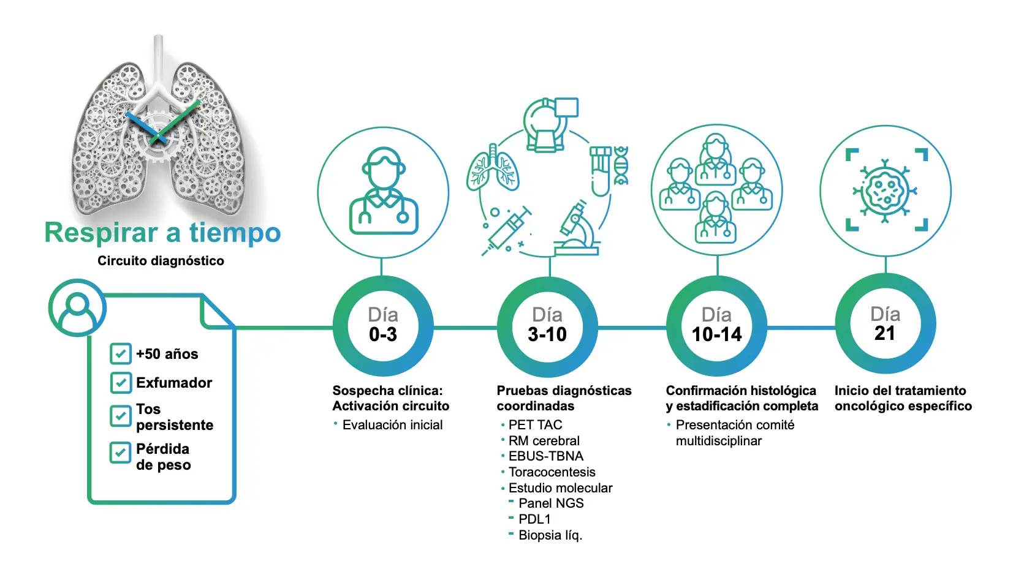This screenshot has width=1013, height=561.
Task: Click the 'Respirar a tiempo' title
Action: click(x=162, y=233)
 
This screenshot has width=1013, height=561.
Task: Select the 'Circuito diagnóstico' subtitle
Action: click(x=161, y=261)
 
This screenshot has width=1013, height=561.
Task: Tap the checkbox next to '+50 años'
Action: click(x=120, y=353)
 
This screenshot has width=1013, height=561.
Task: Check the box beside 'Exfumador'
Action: click(x=120, y=382)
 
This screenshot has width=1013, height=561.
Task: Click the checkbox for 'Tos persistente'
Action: click(x=120, y=416)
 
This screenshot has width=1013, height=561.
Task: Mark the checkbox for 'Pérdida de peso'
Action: click(x=120, y=453)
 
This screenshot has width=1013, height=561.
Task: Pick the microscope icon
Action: click(x=577, y=228)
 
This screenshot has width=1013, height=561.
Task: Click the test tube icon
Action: click(x=601, y=171)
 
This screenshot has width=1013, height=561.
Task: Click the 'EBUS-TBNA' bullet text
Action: click(x=546, y=456)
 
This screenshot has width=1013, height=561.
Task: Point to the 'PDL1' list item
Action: click(x=534, y=519)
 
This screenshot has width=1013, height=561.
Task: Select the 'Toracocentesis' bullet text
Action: click(x=552, y=472)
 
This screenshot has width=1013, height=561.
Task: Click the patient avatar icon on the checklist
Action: click(x=77, y=308)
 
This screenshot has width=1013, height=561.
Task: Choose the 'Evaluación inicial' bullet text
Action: click(x=393, y=425)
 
